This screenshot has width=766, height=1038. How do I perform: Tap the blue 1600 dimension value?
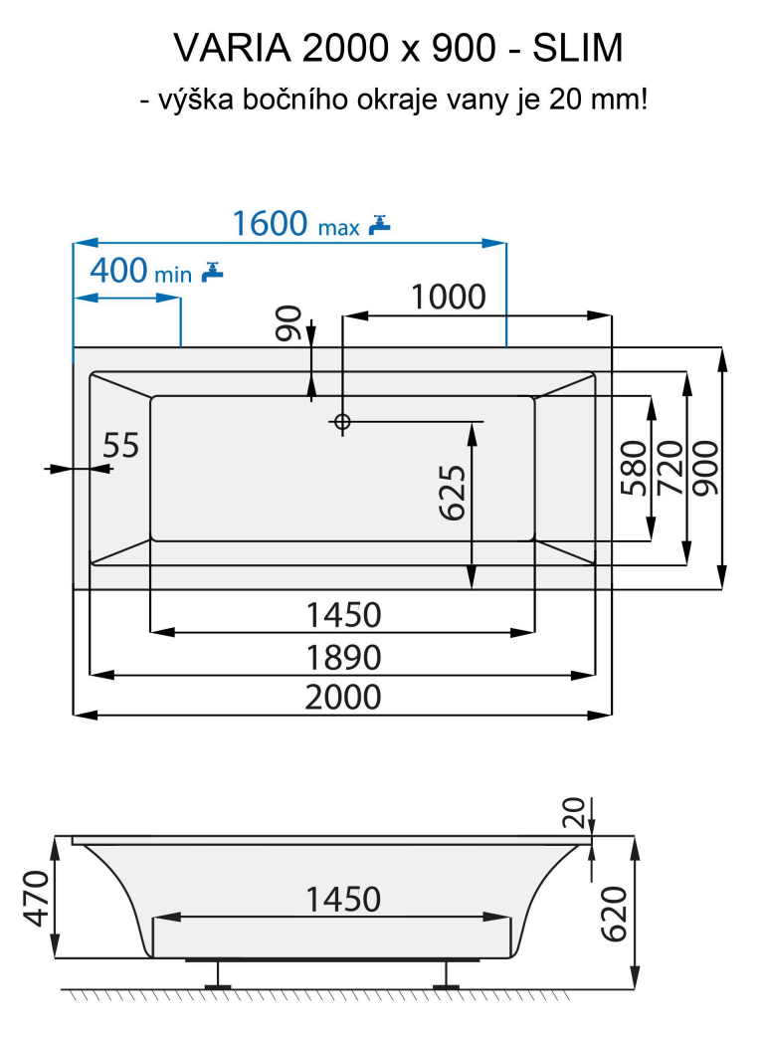tap(270, 224)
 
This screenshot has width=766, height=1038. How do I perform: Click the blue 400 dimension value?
tap(118, 270)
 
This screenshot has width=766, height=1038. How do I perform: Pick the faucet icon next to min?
tap(212, 271)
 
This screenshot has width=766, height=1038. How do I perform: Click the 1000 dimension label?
tap(448, 297)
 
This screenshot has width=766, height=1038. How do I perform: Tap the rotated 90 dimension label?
tap(289, 323)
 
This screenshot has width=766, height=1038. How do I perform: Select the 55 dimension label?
tap(121, 445)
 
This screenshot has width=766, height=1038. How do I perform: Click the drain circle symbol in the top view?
tap(342, 422)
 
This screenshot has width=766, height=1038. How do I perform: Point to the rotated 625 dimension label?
tap(453, 493)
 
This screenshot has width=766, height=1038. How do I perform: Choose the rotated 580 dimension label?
tap(633, 468)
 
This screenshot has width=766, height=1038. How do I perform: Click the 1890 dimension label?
tap(343, 658)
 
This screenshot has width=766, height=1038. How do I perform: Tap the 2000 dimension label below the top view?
tap(343, 697)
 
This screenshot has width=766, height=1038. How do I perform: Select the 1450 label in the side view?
tap(342, 899)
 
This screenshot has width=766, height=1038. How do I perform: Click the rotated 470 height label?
tap(35, 898)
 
